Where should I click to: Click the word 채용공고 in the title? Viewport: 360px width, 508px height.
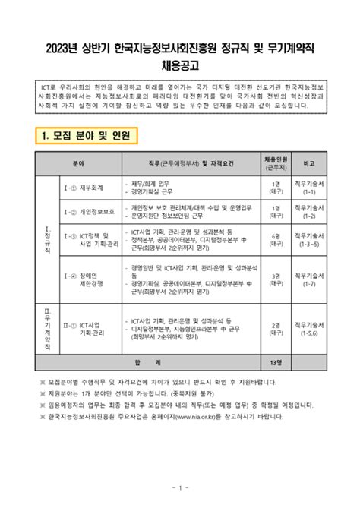[180, 65]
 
